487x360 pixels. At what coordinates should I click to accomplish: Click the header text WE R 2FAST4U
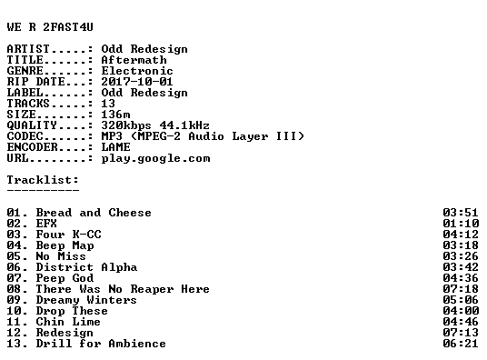pyautogui.click(x=50, y=27)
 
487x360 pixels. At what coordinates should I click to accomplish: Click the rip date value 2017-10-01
pyautogui.click(x=137, y=82)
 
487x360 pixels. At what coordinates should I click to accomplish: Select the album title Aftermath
pyautogui.click(x=134, y=60)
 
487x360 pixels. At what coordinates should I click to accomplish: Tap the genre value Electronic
pyautogui.click(x=137, y=71)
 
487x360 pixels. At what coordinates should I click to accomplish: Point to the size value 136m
pyautogui.click(x=116, y=115)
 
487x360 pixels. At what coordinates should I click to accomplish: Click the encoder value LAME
pyautogui.click(x=116, y=147)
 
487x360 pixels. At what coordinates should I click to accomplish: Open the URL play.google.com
pyautogui.click(x=156, y=158)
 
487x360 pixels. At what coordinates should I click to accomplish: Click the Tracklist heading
pyautogui.click(x=43, y=180)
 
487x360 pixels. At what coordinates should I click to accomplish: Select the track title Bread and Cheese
pyautogui.click(x=94, y=213)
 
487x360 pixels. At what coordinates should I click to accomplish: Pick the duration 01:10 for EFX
pyautogui.click(x=461, y=224)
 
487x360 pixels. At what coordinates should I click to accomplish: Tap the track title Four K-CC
pyautogui.click(x=69, y=235)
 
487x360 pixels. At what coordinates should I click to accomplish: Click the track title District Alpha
pyautogui.click(x=86, y=267)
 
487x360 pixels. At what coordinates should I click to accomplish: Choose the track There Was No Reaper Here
pyautogui.click(x=123, y=289)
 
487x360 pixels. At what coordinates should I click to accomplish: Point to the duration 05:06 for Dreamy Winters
pyautogui.click(x=461, y=300)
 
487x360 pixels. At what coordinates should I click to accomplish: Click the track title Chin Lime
pyautogui.click(x=68, y=322)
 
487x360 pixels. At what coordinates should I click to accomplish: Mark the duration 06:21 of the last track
pyautogui.click(x=461, y=344)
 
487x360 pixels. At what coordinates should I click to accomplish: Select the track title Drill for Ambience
pyautogui.click(x=101, y=344)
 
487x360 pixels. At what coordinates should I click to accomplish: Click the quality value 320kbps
pyautogui.click(x=126, y=125)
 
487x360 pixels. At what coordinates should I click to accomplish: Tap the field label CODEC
pyautogui.click(x=25, y=136)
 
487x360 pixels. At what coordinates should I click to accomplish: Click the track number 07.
pyautogui.click(x=14, y=278)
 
